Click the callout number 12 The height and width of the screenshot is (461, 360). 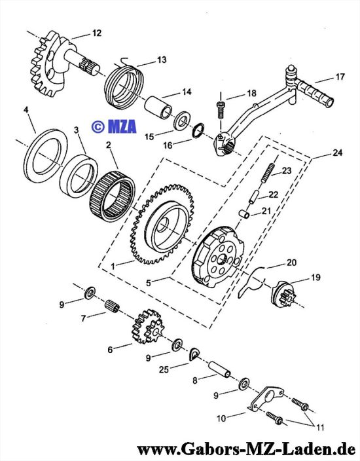coord(96,33)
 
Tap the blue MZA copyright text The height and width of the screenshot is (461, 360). coord(114,126)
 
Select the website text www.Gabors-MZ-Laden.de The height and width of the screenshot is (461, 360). coord(245,449)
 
